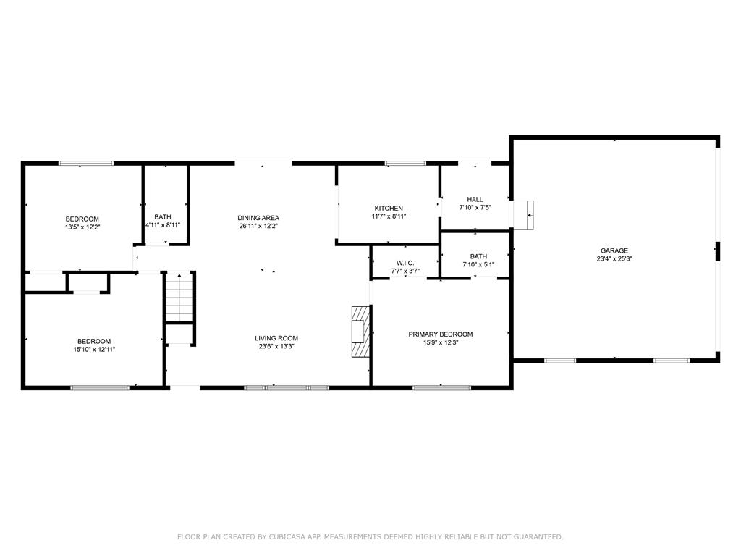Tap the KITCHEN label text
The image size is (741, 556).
[x=389, y=208]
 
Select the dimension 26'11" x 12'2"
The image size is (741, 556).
[x=258, y=226]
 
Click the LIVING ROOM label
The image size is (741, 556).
[x=276, y=338]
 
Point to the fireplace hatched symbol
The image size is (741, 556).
[x=360, y=332]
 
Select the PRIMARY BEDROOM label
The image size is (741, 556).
[x=440, y=334]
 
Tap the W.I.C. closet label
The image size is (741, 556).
[x=405, y=263]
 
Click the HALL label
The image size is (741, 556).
[x=475, y=199]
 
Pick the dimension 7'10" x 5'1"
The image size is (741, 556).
[x=478, y=264]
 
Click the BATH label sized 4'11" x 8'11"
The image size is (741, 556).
[x=163, y=217]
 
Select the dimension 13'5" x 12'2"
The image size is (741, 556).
[x=82, y=227]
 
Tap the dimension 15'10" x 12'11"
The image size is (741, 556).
[x=94, y=350]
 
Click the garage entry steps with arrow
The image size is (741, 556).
[x=524, y=215]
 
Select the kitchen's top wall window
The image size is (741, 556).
[x=405, y=163]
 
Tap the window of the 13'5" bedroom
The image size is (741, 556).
[x=85, y=163]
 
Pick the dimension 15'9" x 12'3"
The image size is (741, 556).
[x=440, y=342]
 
